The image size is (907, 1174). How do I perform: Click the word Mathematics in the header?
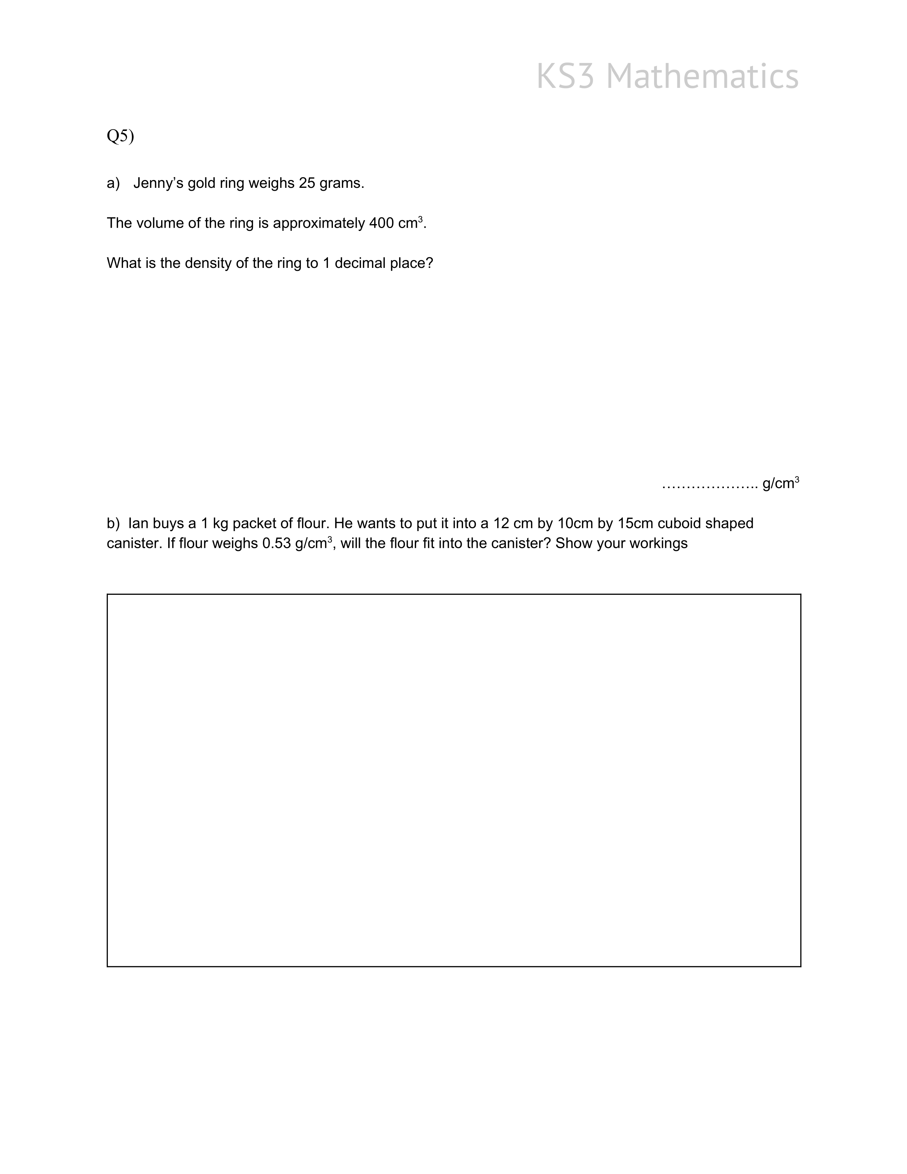click(702, 76)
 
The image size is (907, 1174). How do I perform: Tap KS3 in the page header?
click(565, 76)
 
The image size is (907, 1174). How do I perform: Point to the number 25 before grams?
click(307, 183)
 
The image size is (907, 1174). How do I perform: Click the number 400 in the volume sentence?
click(381, 223)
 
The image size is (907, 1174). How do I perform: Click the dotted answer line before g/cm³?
click(709, 485)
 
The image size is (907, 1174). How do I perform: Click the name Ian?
click(139, 524)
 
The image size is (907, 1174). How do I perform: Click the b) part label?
click(113, 524)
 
